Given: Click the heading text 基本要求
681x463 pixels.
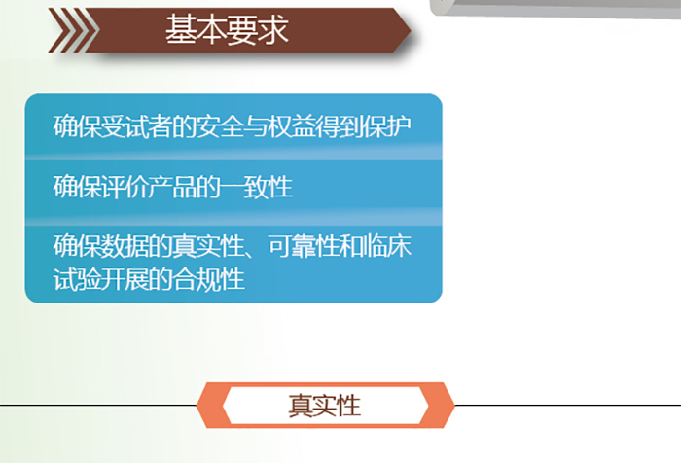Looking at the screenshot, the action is click(x=227, y=29).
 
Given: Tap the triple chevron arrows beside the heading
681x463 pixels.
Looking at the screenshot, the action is click(x=74, y=30).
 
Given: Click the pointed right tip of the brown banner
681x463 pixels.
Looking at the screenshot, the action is click(x=410, y=30).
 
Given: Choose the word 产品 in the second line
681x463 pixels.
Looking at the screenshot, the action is click(x=172, y=187).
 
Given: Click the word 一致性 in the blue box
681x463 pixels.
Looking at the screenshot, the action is click(x=255, y=187).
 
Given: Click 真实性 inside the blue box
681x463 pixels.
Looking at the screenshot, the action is click(x=207, y=246).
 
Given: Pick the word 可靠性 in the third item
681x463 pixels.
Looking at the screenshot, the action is click(x=304, y=246).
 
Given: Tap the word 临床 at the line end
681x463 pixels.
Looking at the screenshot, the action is click(x=386, y=246).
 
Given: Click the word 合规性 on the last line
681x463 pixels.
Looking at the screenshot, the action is click(x=208, y=279).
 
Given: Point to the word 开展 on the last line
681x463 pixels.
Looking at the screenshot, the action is click(x=125, y=279).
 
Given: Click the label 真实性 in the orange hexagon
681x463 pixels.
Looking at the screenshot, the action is click(x=324, y=406).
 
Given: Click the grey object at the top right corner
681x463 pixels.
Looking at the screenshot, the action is click(x=556, y=9).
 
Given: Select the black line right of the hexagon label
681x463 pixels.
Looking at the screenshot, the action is click(x=567, y=406).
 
